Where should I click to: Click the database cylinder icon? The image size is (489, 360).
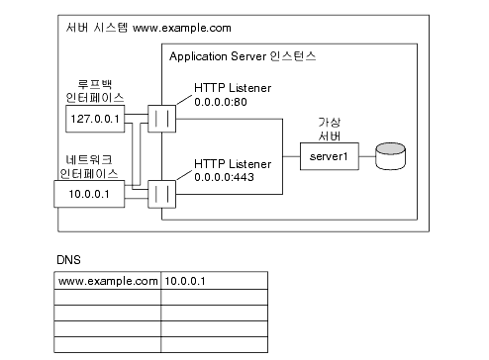[x=390, y=155]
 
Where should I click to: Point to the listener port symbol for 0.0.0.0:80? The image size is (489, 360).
[x=162, y=119]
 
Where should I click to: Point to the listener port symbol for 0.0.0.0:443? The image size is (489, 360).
[x=162, y=192]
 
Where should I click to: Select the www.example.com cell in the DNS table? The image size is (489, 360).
[x=108, y=281]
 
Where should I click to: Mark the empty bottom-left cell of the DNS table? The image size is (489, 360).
[x=108, y=344]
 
